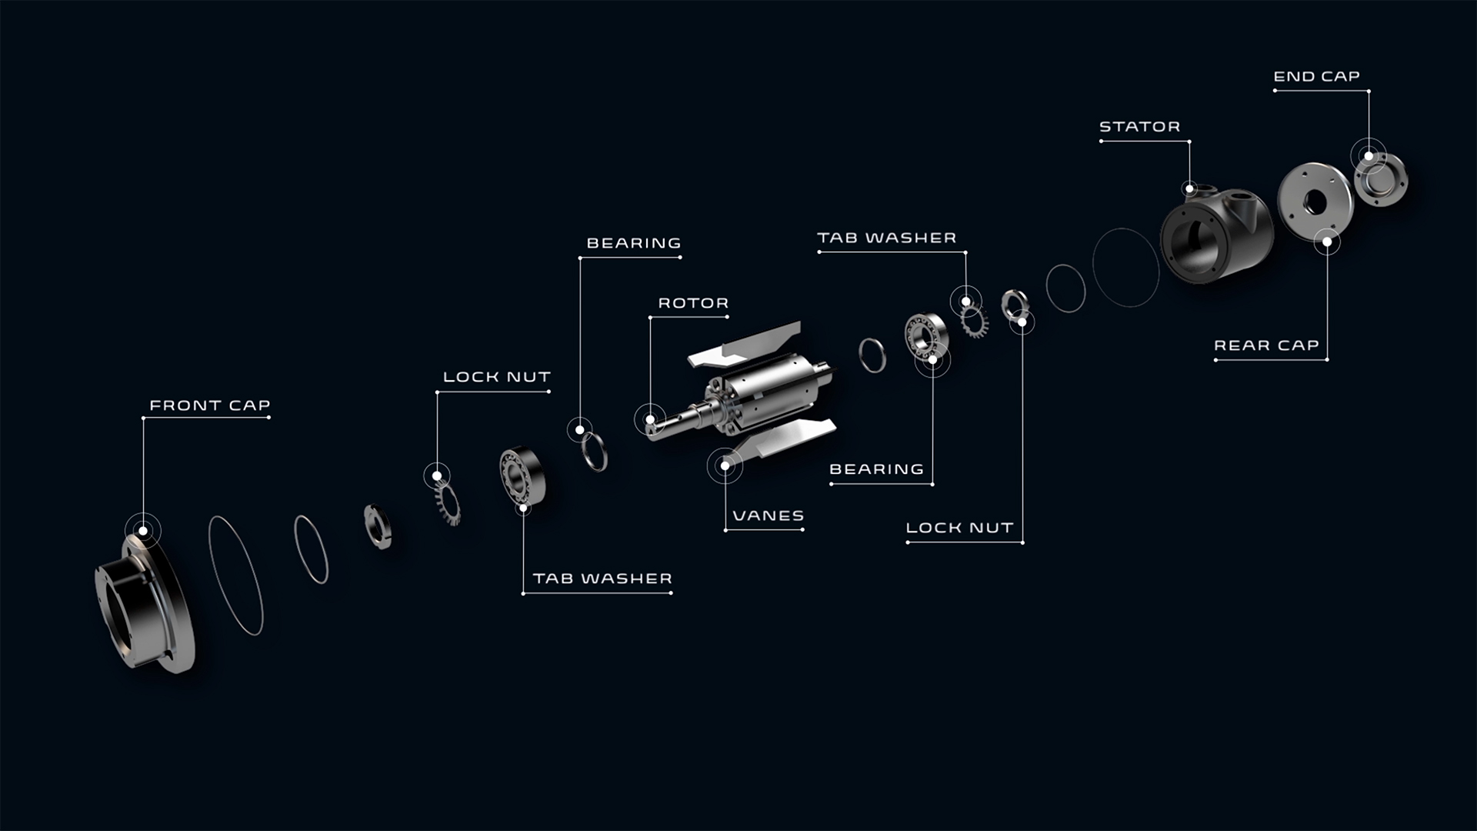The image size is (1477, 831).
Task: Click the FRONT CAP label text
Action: click(x=209, y=405)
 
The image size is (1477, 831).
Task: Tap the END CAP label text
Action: click(x=1316, y=77)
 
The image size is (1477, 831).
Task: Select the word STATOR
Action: click(x=1139, y=127)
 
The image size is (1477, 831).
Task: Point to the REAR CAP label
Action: click(x=1266, y=345)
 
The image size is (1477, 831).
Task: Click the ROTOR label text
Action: click(x=693, y=303)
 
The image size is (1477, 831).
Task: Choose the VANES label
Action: click(x=768, y=516)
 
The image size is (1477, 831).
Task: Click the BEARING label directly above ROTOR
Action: click(x=634, y=243)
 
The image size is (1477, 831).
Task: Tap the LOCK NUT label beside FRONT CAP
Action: click(x=497, y=377)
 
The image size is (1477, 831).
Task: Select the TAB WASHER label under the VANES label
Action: click(x=602, y=579)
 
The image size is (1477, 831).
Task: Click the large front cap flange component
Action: click(x=146, y=608)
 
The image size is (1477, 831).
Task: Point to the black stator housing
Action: click(x=1215, y=235)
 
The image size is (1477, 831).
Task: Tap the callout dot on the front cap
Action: click(x=143, y=531)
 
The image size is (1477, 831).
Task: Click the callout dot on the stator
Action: click(x=1190, y=189)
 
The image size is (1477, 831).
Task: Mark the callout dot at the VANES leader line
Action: click(x=725, y=466)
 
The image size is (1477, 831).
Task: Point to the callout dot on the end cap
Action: click(x=1369, y=156)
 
